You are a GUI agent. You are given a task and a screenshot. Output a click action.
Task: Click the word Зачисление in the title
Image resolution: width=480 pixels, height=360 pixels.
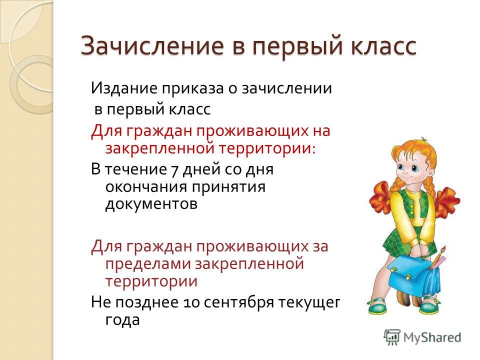[x=152, y=46]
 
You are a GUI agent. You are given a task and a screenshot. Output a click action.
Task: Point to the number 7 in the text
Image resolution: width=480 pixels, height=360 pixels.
[x=174, y=170]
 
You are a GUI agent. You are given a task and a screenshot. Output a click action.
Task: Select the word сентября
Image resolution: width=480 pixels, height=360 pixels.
[x=238, y=303]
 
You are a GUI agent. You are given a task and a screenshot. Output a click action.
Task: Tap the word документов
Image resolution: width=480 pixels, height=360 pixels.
[x=151, y=204]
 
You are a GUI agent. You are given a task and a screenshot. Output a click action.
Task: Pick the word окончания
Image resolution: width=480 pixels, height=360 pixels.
[x=146, y=186]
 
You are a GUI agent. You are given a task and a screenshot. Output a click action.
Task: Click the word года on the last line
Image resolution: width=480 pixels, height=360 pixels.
[x=122, y=320]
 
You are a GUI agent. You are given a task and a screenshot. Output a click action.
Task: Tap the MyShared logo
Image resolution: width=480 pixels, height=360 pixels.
[x=422, y=337]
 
